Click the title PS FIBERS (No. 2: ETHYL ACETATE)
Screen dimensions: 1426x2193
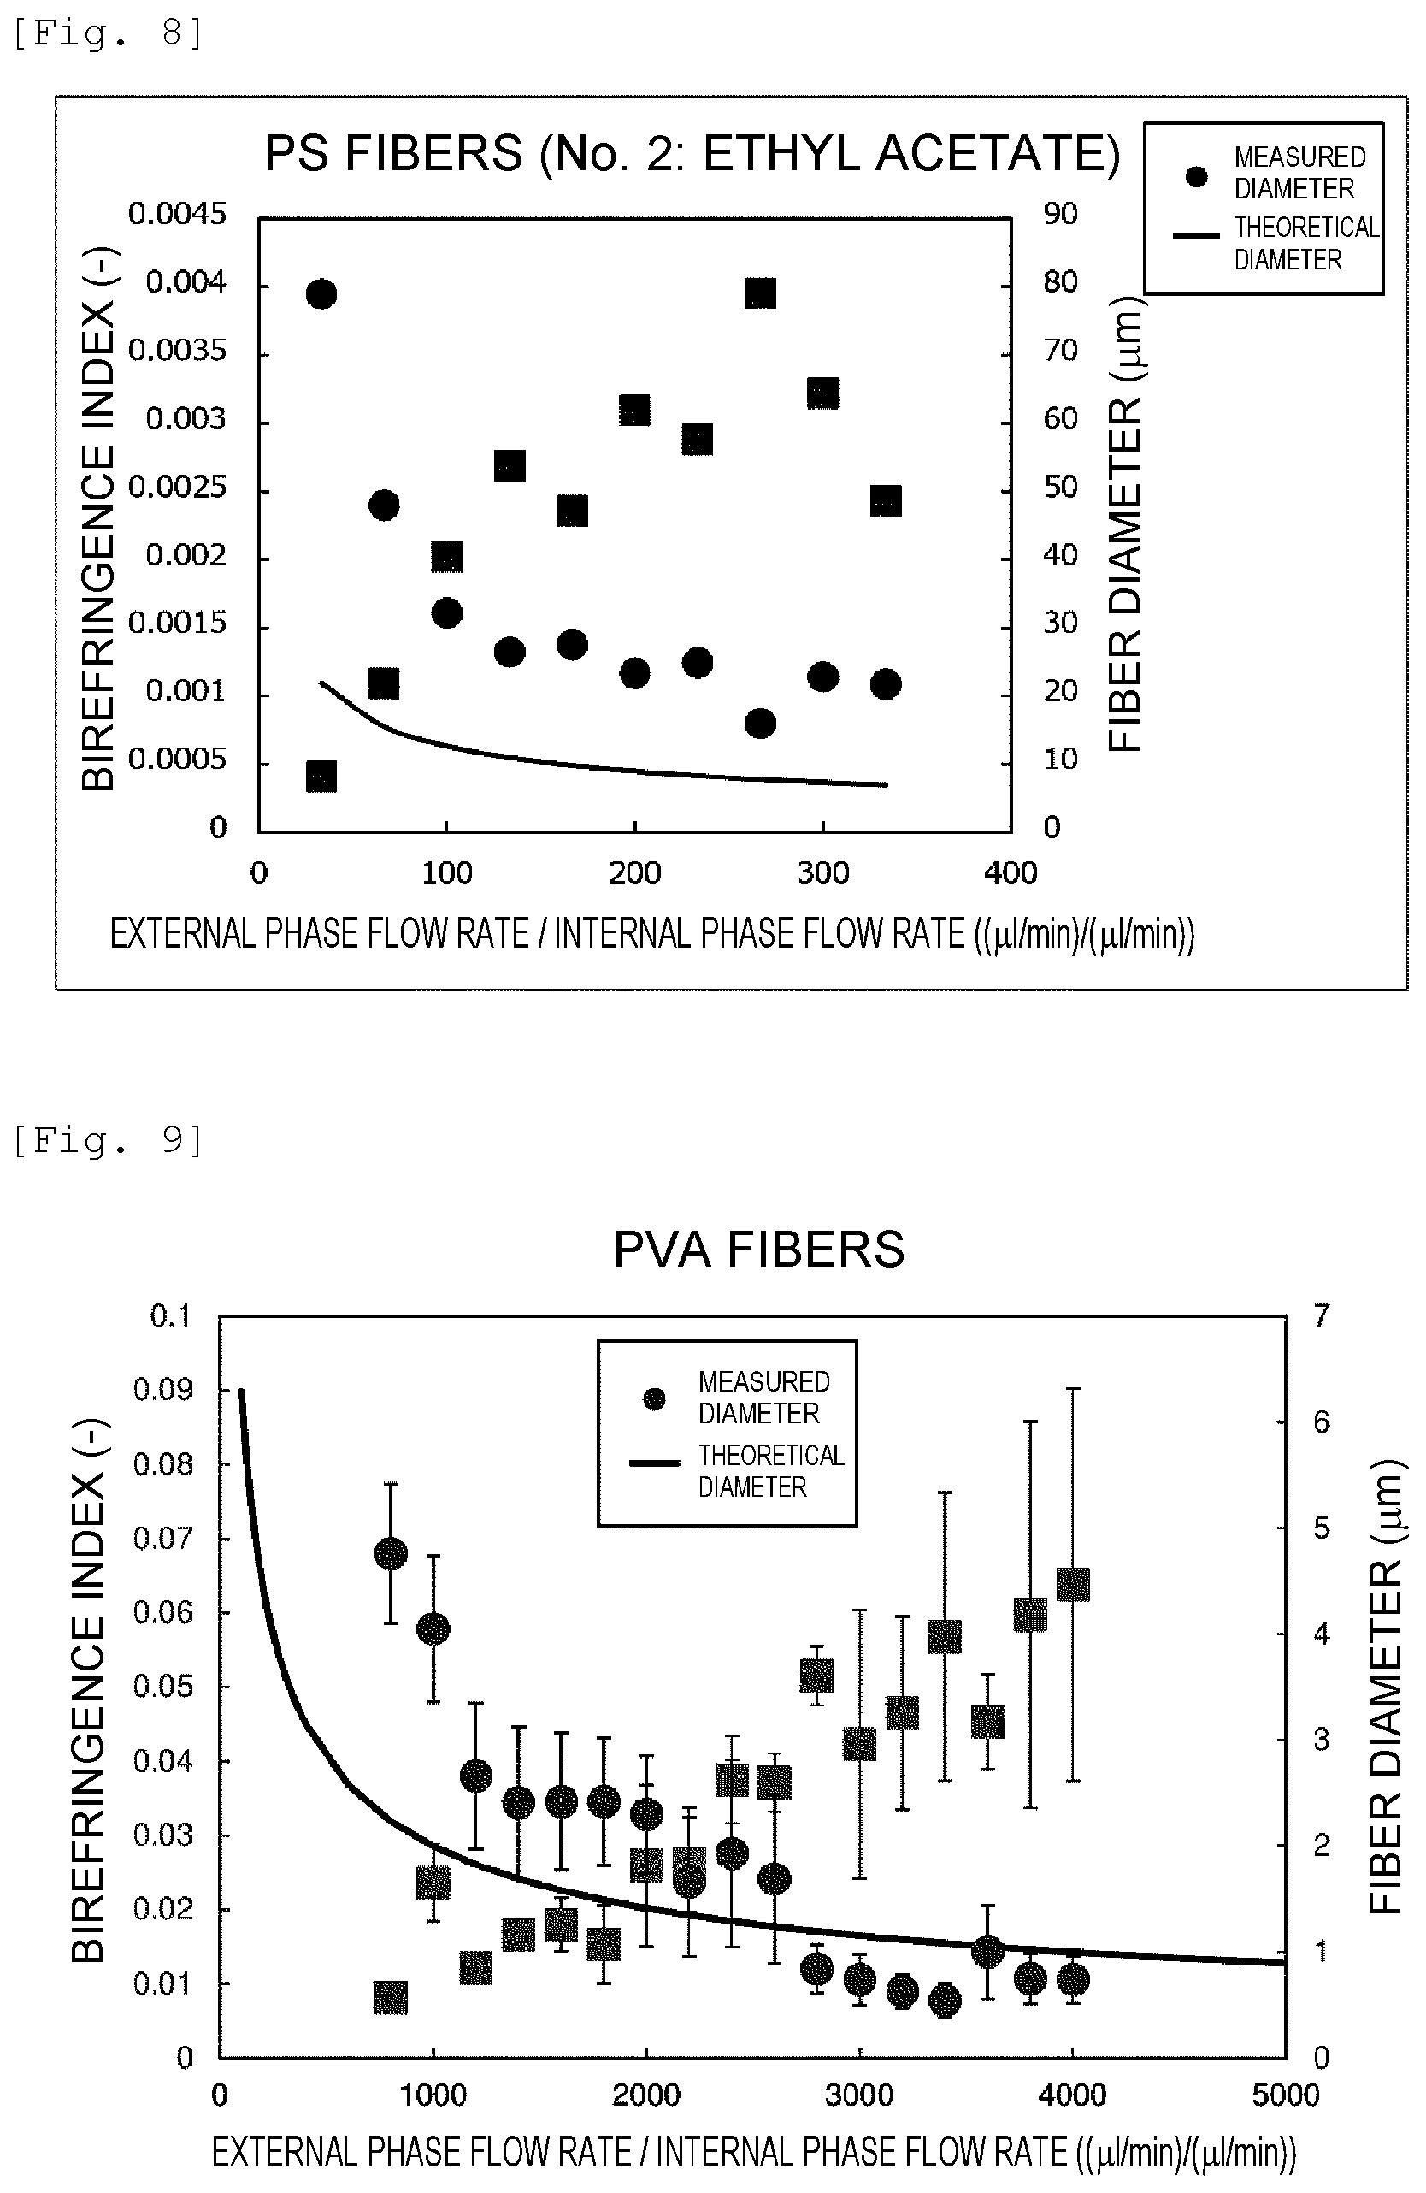692,153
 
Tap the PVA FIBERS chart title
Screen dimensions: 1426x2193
759,1250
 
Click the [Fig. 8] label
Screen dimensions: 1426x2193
107,33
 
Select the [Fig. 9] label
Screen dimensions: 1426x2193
107,1140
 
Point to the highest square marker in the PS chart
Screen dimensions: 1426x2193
760,293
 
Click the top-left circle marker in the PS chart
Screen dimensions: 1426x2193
321,295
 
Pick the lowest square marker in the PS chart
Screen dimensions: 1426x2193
321,777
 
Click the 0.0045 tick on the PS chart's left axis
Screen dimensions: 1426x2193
177,214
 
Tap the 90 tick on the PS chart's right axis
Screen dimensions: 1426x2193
1060,214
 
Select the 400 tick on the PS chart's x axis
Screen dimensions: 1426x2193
1011,872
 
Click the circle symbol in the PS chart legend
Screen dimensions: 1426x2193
1197,176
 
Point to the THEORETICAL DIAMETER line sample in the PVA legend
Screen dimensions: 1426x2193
655,1463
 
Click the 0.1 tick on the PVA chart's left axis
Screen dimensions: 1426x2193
170,1315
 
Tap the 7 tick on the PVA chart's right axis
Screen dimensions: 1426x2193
1322,1315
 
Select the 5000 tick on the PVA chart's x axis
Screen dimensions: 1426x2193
1285,2095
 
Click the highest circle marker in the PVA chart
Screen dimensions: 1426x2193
391,1553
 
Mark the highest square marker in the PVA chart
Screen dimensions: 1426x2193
1073,1585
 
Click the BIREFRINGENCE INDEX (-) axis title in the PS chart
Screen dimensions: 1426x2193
98,520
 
